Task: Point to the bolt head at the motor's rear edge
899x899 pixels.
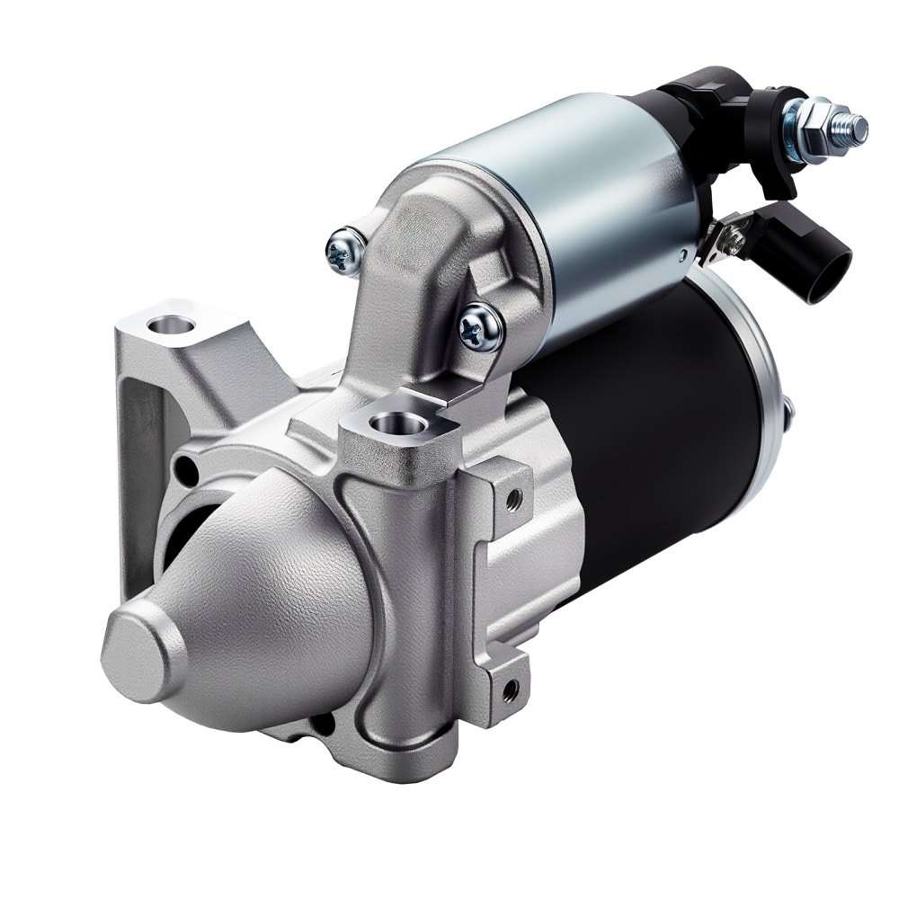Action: coord(788,410)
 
